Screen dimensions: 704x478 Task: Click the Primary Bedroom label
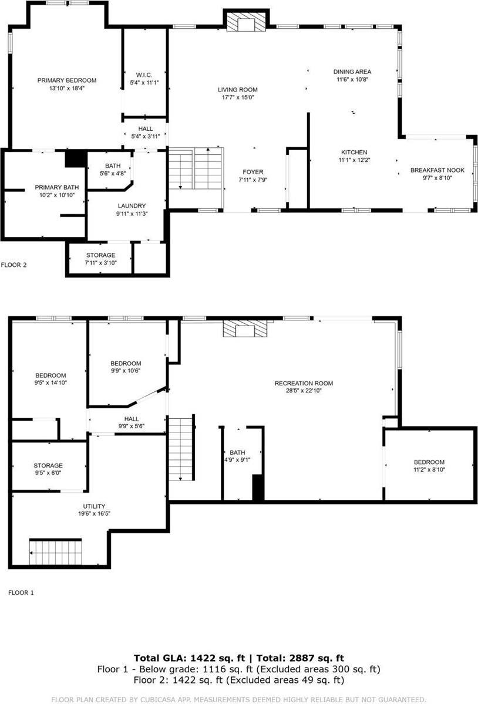[x=67, y=80]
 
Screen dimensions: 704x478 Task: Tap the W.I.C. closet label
[x=144, y=75]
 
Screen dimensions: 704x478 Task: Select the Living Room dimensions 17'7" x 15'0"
[x=238, y=98]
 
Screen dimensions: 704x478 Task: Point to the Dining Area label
[x=353, y=72]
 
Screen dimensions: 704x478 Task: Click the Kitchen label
[x=353, y=152]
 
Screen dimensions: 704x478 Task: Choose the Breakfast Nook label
[x=437, y=170]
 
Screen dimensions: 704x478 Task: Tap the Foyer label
[x=253, y=172]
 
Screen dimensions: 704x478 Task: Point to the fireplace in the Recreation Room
[x=245, y=329]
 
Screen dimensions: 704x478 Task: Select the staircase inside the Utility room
[x=56, y=551]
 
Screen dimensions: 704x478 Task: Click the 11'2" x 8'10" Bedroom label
[x=429, y=462]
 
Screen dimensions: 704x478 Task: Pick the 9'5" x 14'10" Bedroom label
[x=51, y=375]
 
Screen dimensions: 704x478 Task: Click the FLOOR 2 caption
[x=14, y=265]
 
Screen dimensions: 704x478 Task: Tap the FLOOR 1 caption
[x=21, y=593]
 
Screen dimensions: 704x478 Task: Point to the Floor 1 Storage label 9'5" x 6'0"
[x=48, y=465]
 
